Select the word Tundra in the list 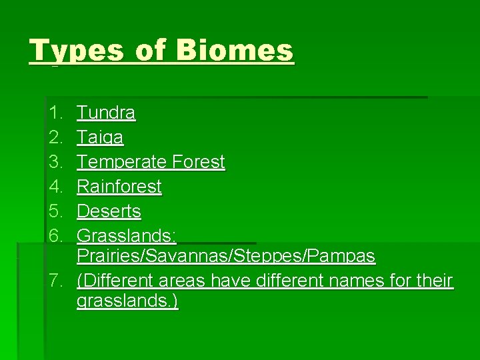(106, 113)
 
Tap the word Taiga (100, 138)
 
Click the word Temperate (121, 162)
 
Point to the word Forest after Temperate (198, 162)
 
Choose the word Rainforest (119, 187)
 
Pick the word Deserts (109, 211)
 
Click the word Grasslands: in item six (127, 235)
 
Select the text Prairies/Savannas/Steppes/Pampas (226, 256)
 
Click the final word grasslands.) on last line (127, 301)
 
